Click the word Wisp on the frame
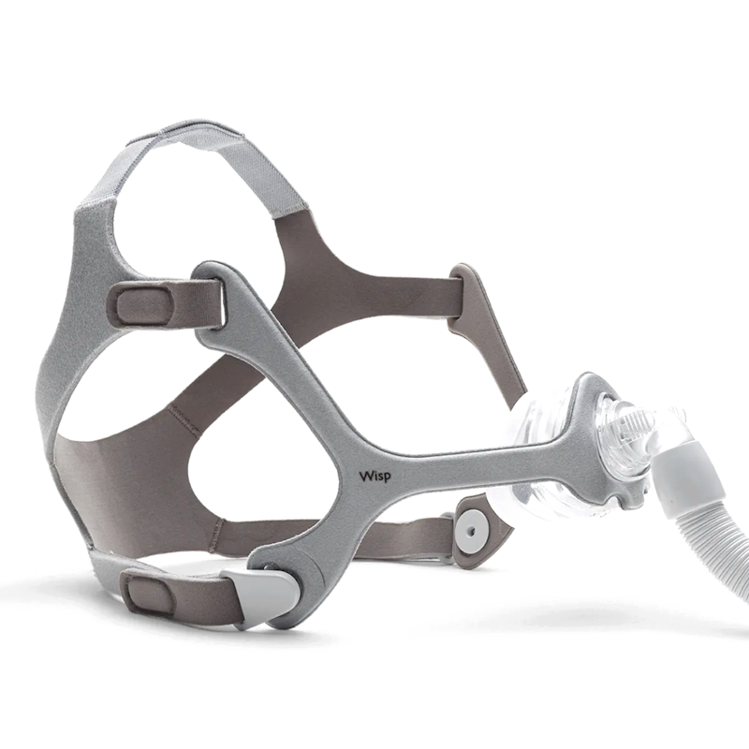[374, 477]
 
